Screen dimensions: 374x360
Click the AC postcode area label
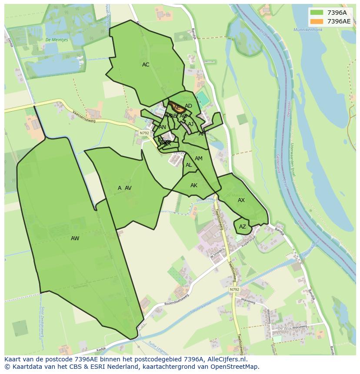click(x=146, y=65)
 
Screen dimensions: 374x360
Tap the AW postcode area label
click(x=75, y=238)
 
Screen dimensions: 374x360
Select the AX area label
click(x=241, y=200)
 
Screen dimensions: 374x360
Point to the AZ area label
click(x=243, y=227)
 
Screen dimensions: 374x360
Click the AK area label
click(x=194, y=185)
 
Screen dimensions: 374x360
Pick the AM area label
click(x=199, y=159)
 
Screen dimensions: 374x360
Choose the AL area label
click(x=189, y=165)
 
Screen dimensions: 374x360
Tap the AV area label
click(x=128, y=188)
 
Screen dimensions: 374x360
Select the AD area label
click(x=188, y=106)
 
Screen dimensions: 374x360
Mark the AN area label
click(x=162, y=127)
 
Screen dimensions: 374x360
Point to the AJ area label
click(x=190, y=124)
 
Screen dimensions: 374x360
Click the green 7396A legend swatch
click(x=317, y=13)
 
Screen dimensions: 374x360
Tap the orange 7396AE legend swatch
click(x=317, y=21)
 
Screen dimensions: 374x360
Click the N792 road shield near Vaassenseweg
click(x=144, y=133)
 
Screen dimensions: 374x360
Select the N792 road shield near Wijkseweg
click(x=234, y=289)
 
